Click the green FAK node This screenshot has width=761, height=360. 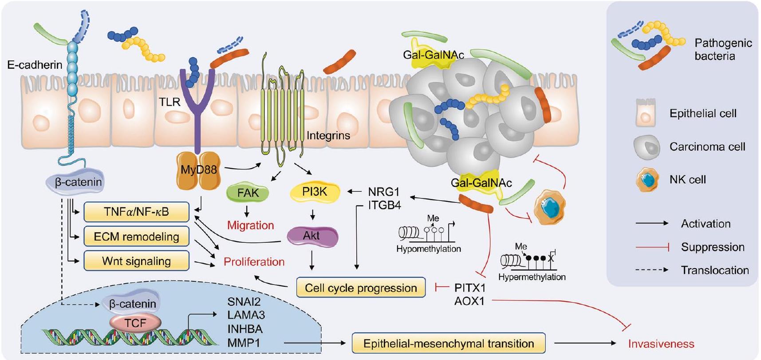248,193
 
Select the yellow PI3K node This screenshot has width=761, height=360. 315,192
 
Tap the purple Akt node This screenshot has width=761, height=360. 311,236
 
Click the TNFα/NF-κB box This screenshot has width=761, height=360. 136,212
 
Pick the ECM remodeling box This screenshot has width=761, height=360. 136,237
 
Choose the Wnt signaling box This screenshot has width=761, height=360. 136,261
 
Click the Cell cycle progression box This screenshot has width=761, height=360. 361,288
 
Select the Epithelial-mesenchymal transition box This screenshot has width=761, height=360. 448,343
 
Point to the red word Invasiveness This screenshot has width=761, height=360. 661,344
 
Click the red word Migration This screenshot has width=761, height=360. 250,225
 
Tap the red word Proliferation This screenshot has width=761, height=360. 254,261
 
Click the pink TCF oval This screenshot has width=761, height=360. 135,323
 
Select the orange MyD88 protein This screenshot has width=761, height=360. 198,169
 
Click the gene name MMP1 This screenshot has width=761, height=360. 244,343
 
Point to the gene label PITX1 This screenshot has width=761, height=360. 469,288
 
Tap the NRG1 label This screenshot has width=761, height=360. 383,192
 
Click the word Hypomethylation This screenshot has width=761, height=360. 428,249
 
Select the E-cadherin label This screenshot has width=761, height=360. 35,65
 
